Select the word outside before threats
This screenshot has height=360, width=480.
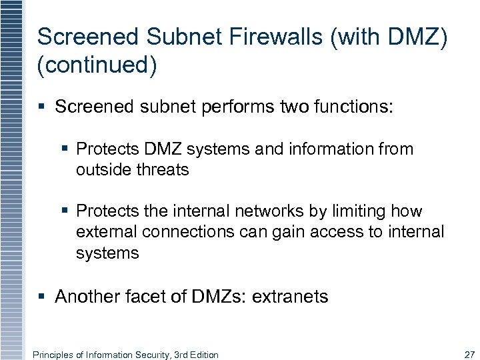click(103, 169)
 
